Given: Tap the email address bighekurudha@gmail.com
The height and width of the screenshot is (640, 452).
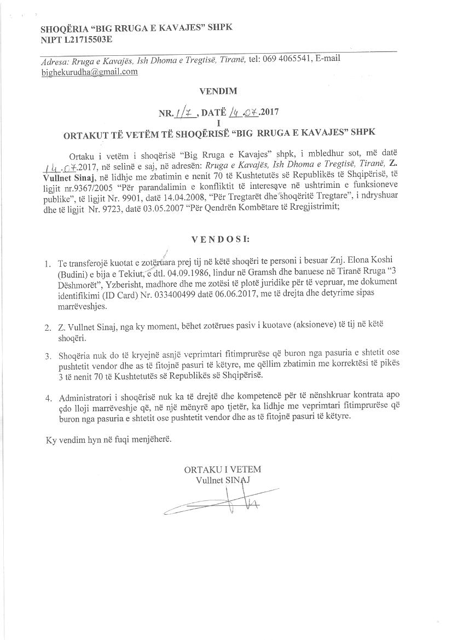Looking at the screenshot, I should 89,72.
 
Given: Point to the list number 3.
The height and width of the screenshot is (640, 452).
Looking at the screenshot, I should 48,356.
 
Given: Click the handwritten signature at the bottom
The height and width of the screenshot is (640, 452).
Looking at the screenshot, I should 222,500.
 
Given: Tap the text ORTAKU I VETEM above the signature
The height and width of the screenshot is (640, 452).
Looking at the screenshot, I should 222,469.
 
